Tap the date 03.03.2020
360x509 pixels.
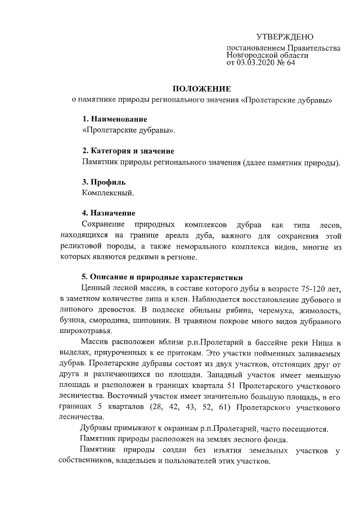(x=257, y=63)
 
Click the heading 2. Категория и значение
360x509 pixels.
(x=128, y=151)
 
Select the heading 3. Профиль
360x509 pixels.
(x=103, y=182)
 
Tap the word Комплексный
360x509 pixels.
(x=108, y=193)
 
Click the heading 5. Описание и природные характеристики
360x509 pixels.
(x=162, y=277)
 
